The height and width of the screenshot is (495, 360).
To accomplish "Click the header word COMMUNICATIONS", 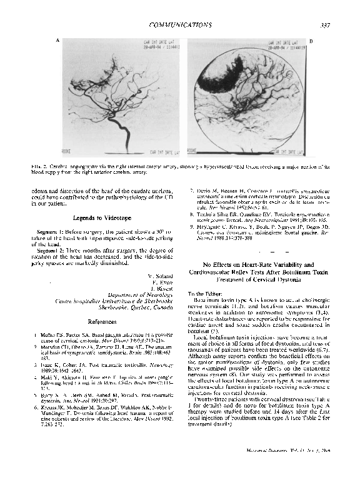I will point(180,24).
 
